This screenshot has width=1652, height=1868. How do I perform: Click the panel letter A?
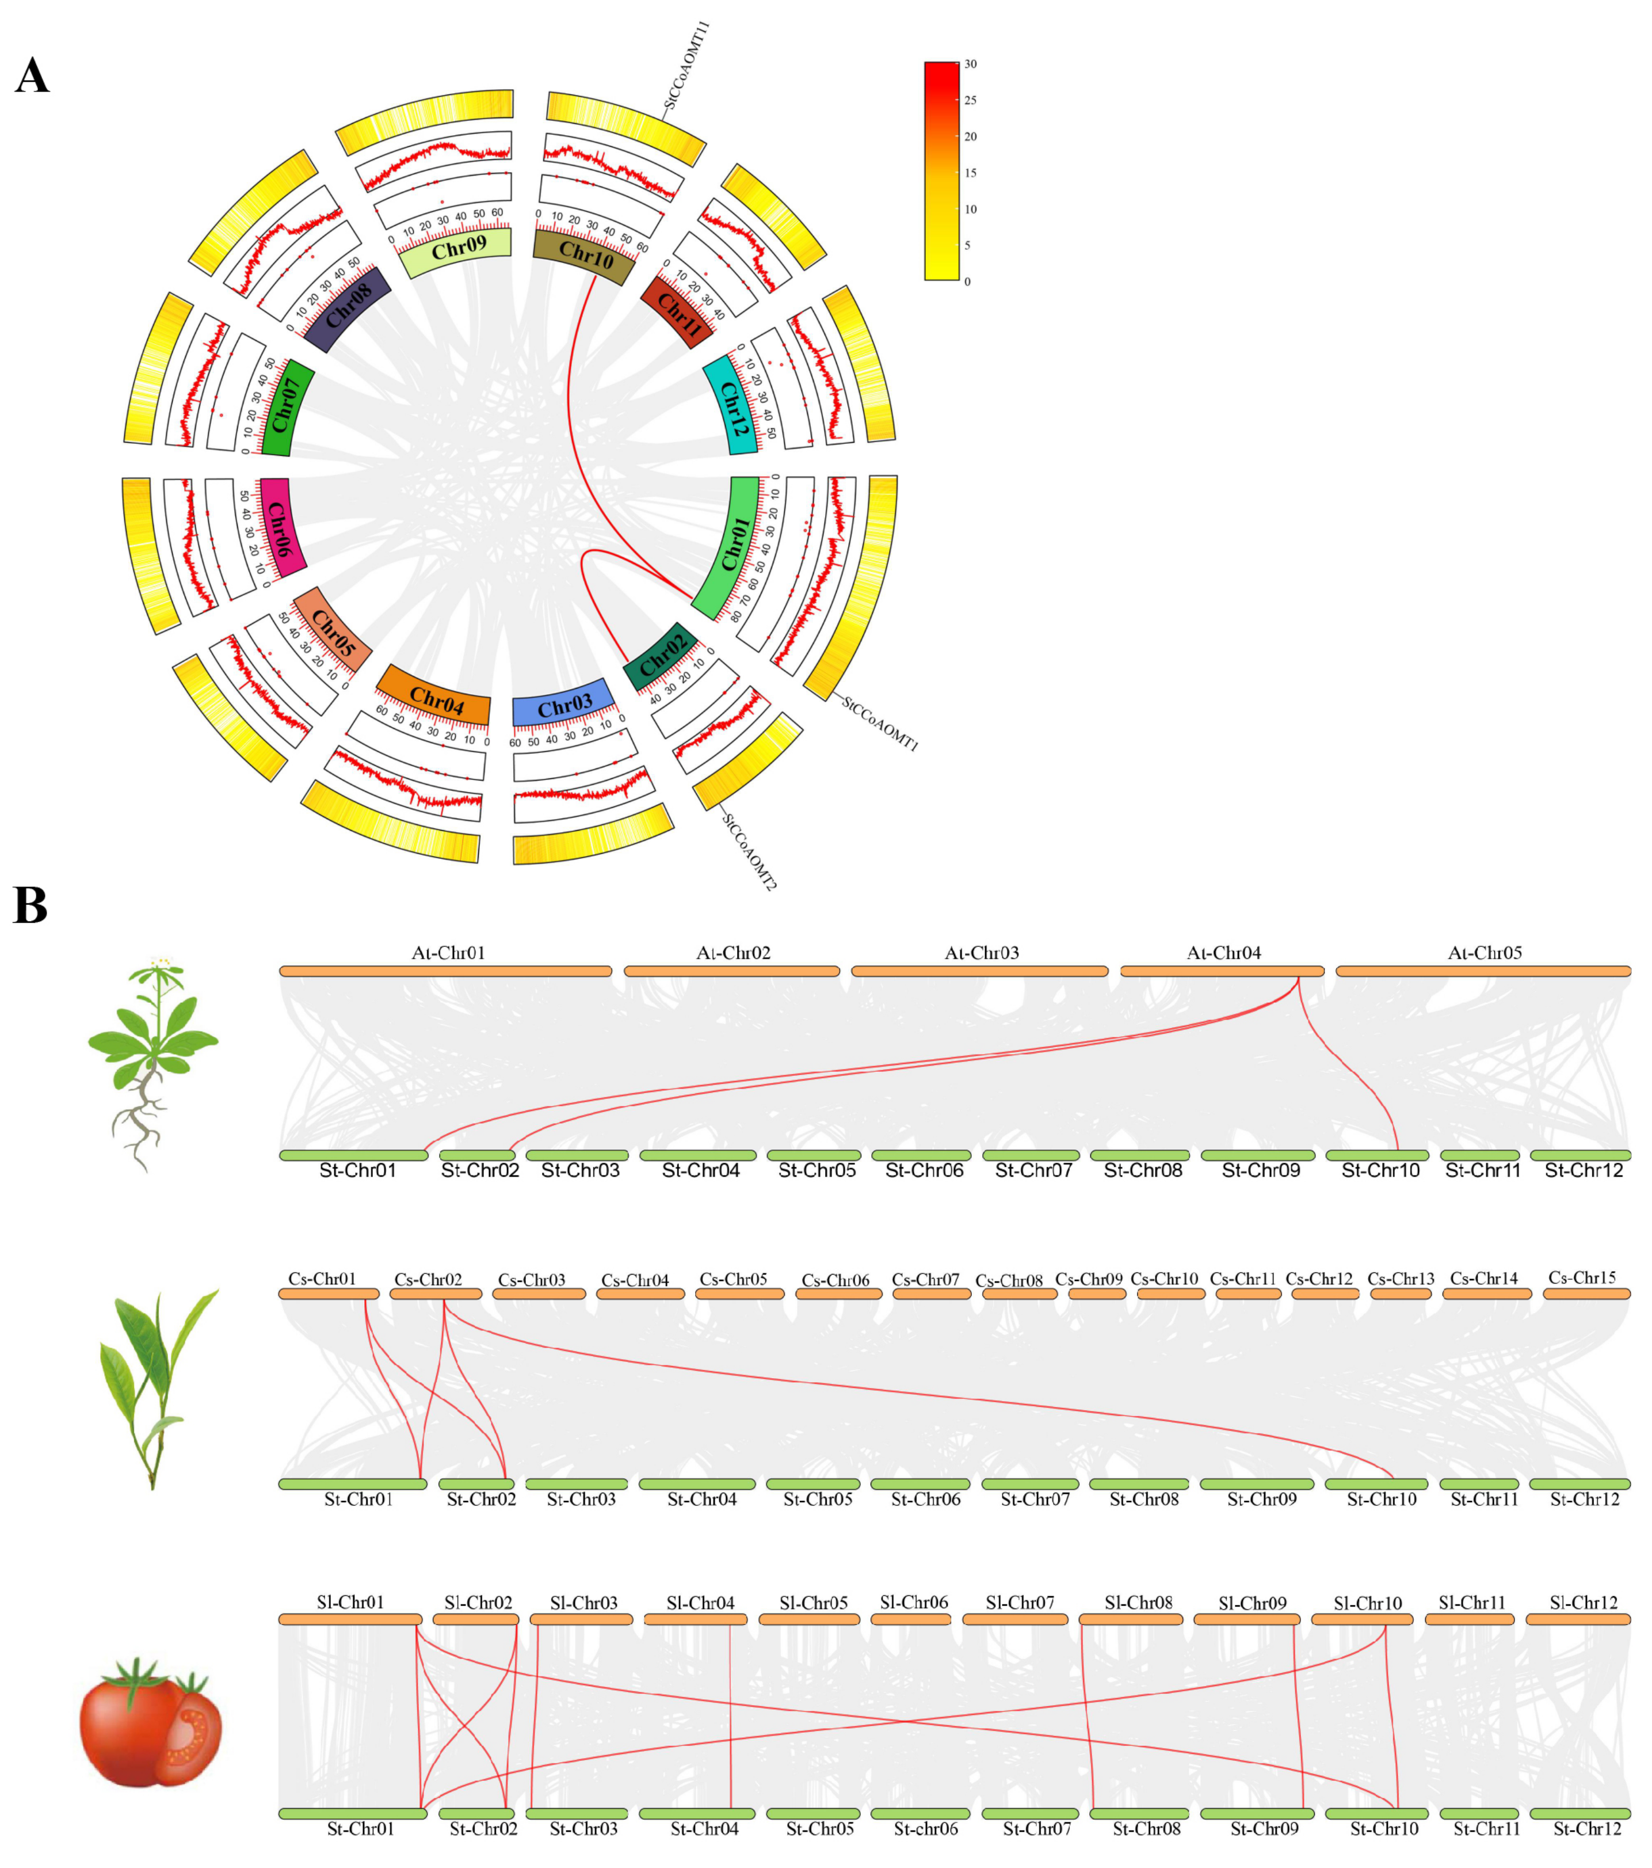pos(32,76)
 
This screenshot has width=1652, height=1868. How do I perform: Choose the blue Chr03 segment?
pos(564,703)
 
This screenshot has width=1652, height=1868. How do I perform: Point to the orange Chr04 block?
pos(435,697)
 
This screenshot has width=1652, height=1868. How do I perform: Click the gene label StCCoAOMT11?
pos(687,66)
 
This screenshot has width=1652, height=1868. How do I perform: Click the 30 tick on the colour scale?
pos(970,64)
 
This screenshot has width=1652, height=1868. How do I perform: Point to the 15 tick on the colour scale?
pos(970,173)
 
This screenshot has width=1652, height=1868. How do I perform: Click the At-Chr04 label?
pos(1223,952)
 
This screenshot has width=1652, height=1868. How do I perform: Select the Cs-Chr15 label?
pos(1582,1277)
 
